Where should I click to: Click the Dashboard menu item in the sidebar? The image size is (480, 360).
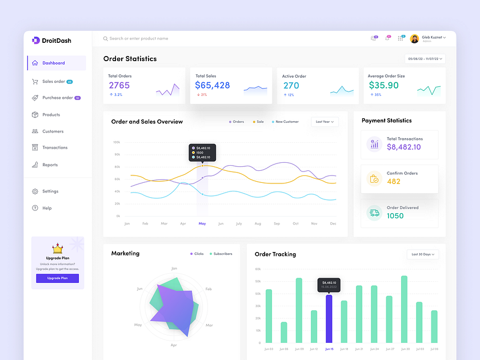click(x=53, y=63)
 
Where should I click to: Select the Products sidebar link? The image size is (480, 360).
click(x=51, y=115)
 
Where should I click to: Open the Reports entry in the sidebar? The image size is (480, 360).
click(x=50, y=165)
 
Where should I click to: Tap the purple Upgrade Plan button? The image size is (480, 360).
click(x=57, y=278)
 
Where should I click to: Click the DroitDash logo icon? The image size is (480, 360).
click(x=36, y=40)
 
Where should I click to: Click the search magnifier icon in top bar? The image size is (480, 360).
click(x=106, y=39)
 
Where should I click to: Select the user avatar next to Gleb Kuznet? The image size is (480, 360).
click(x=414, y=38)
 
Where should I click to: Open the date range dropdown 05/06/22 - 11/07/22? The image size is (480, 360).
click(x=425, y=58)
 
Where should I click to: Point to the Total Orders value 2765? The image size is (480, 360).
click(x=119, y=85)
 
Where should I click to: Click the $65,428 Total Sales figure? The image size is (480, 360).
click(x=213, y=85)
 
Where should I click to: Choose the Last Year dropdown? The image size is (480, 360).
click(x=325, y=122)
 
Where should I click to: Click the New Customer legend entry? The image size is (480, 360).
click(x=286, y=122)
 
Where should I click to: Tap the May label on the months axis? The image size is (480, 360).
click(x=202, y=223)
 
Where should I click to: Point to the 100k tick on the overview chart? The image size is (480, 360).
click(x=116, y=142)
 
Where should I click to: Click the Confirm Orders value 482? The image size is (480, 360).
click(x=394, y=181)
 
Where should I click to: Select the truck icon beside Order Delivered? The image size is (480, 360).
click(x=374, y=213)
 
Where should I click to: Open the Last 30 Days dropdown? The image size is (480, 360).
click(x=423, y=254)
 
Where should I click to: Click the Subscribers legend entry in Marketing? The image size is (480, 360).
click(x=220, y=254)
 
